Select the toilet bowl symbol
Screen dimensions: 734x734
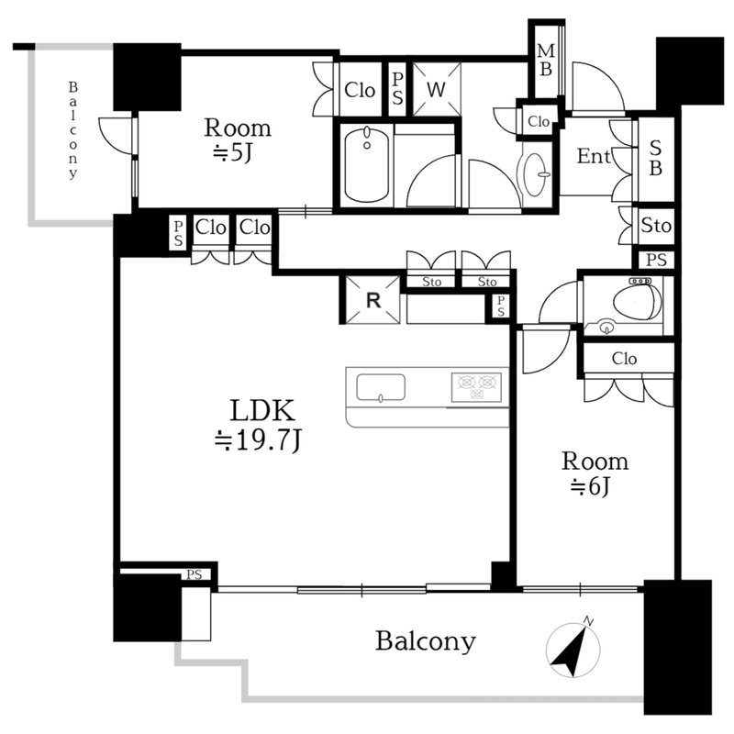[637, 300]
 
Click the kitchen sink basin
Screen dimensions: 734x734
[381, 388]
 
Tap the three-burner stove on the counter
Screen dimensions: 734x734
[476, 387]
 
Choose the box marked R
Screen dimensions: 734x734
[373, 300]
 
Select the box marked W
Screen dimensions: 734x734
[437, 89]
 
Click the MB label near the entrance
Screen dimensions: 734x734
[545, 60]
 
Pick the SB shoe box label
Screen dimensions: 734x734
[655, 158]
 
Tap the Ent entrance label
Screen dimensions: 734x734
[594, 156]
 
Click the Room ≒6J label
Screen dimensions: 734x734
[595, 473]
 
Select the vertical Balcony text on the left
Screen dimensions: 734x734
[72, 130]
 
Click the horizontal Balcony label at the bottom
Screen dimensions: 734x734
[426, 641]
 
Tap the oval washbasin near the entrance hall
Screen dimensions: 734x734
[537, 174]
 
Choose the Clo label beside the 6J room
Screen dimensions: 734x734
[624, 359]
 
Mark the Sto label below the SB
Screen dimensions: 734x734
[656, 226]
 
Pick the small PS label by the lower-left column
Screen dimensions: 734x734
[194, 574]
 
